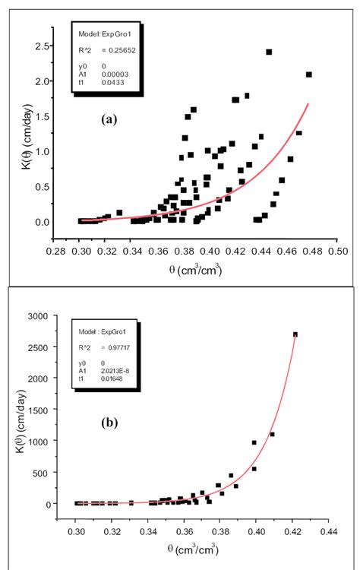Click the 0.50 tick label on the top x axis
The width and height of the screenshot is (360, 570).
[338, 249]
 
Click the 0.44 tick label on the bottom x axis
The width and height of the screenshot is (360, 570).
[328, 534]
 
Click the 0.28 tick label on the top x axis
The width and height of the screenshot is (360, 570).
[54, 249]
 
